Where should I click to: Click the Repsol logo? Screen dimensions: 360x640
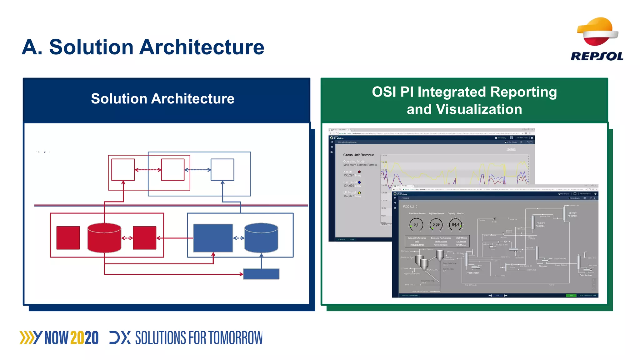[597, 39]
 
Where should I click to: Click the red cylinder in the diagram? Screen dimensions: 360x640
[104, 238]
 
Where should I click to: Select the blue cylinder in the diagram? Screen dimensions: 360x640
[261, 238]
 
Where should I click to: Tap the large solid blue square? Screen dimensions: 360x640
[213, 238]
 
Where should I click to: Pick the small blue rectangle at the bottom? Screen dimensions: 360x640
[261, 274]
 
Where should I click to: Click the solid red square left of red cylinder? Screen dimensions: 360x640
[68, 238]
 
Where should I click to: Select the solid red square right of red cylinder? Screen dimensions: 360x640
[144, 238]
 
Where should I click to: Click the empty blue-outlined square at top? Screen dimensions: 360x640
[222, 170]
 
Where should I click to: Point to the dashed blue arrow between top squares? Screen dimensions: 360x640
[197, 170]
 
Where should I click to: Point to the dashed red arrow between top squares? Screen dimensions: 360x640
[148, 170]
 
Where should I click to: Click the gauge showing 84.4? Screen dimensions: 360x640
[455, 224]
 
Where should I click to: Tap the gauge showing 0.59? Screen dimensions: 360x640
[436, 224]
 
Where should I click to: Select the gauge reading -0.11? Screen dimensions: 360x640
[416, 224]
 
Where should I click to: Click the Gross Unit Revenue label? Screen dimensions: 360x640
[358, 155]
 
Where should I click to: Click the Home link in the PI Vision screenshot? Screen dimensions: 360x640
[511, 149]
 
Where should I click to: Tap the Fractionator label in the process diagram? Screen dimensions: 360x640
[472, 273]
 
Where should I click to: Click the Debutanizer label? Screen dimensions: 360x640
[586, 275]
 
